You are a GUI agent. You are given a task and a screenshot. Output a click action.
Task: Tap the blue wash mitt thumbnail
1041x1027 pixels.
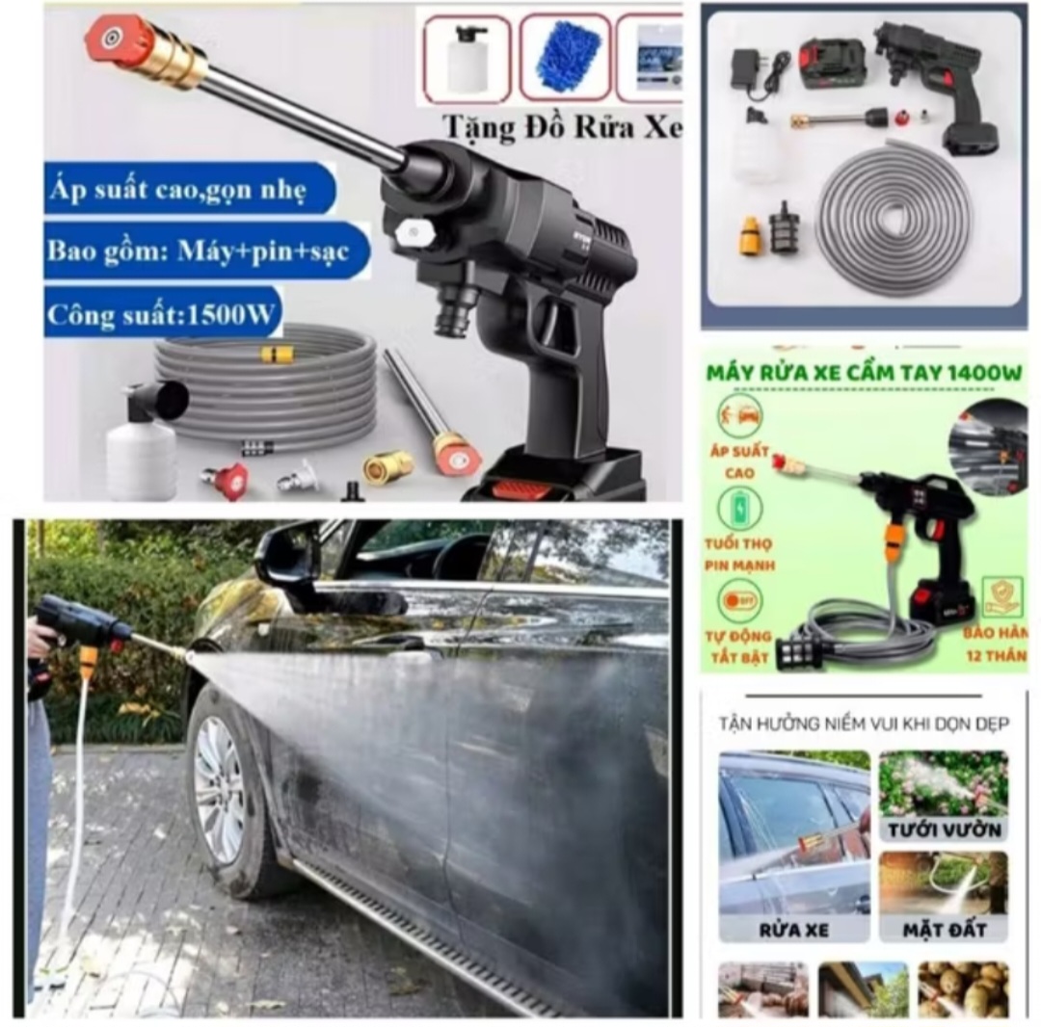point(566,57)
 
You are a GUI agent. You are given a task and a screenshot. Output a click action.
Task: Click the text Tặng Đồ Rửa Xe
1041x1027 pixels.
point(561,127)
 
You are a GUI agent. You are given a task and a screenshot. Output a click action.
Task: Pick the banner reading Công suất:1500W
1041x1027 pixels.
point(161,312)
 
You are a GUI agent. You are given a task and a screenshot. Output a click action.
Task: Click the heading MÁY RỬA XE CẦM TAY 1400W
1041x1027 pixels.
point(865,372)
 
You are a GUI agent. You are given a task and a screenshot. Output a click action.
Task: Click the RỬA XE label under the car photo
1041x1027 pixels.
point(793,931)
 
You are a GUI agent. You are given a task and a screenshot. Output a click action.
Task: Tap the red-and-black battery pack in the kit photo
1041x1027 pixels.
point(832,64)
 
